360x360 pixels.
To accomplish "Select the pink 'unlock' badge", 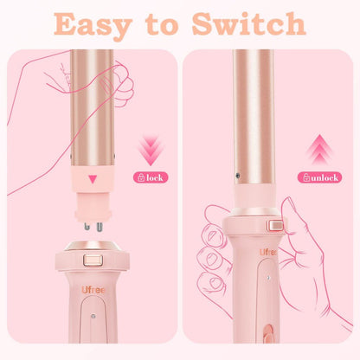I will pyautogui.click(x=319, y=177).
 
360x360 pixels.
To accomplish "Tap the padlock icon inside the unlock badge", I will pyautogui.click(x=304, y=177).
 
